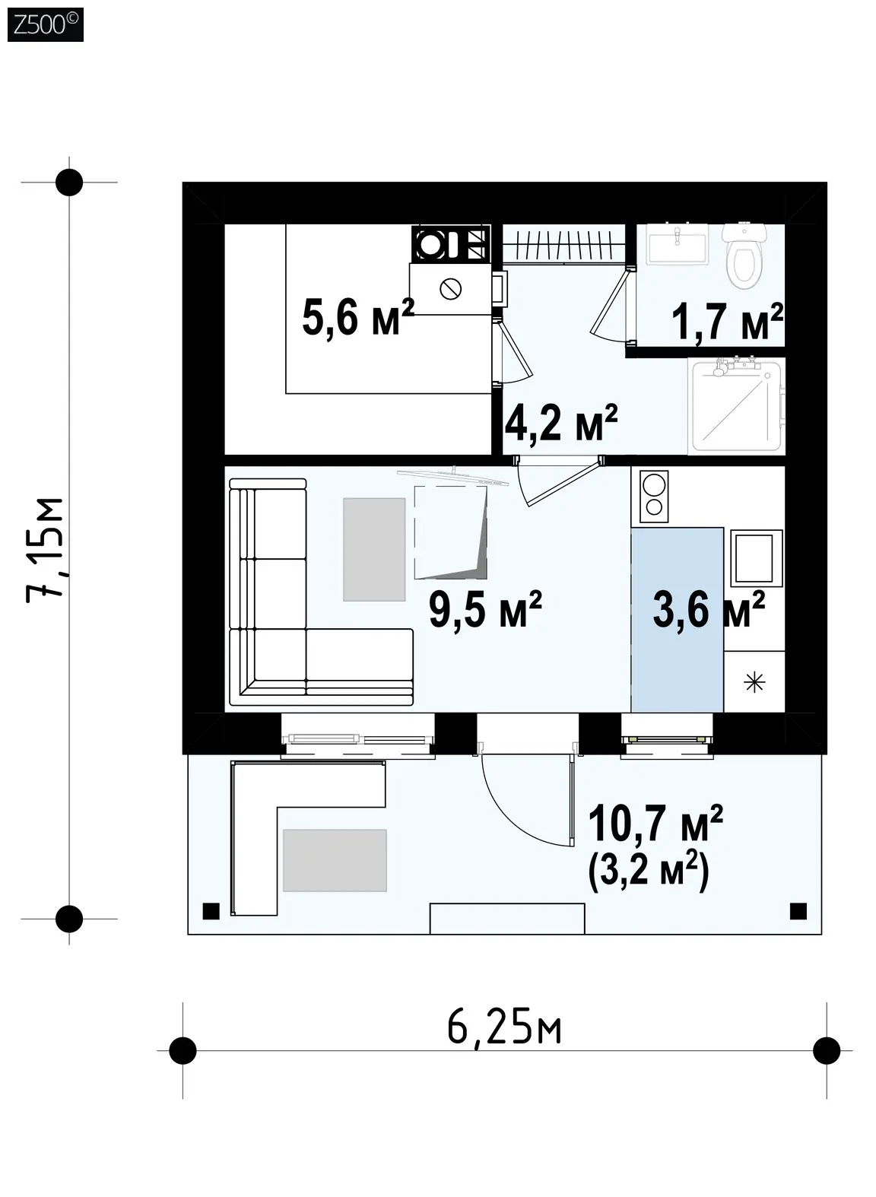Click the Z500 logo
pos(46,24)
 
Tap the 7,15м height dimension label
pos(46,551)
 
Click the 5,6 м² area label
pos(357,317)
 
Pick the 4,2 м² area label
pos(561,422)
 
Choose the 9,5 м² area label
pos(485,610)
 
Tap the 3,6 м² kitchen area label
pos(709,609)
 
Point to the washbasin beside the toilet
pos(678,244)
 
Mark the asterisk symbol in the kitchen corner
pos(754,682)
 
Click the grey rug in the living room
pos(374,549)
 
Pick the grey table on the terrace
pos(335,860)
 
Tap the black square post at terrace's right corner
pos(798,910)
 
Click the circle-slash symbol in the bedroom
pos(451,289)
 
